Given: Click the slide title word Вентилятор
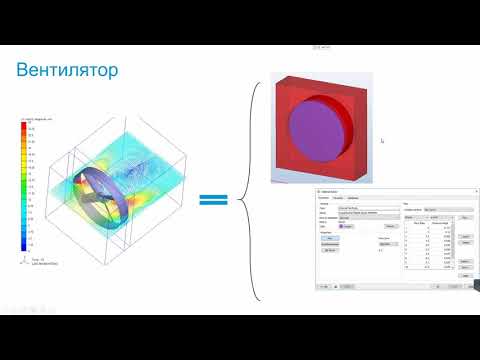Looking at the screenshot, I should coord(68,71).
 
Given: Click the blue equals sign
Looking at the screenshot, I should coord(212,200).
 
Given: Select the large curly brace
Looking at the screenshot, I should coord(254,190).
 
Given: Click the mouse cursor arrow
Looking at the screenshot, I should coord(382,140).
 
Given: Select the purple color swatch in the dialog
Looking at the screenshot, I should coord(341,227).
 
